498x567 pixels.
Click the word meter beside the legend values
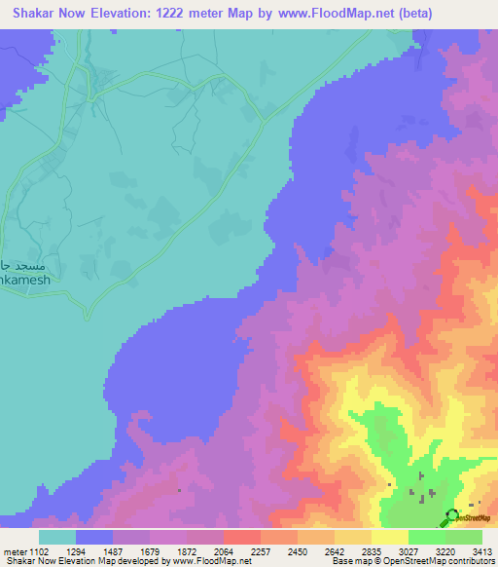[16, 551]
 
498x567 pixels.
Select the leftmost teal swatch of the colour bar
[57, 537]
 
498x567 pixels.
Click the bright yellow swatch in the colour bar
[389, 537]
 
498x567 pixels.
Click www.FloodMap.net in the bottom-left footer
[207, 561]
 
